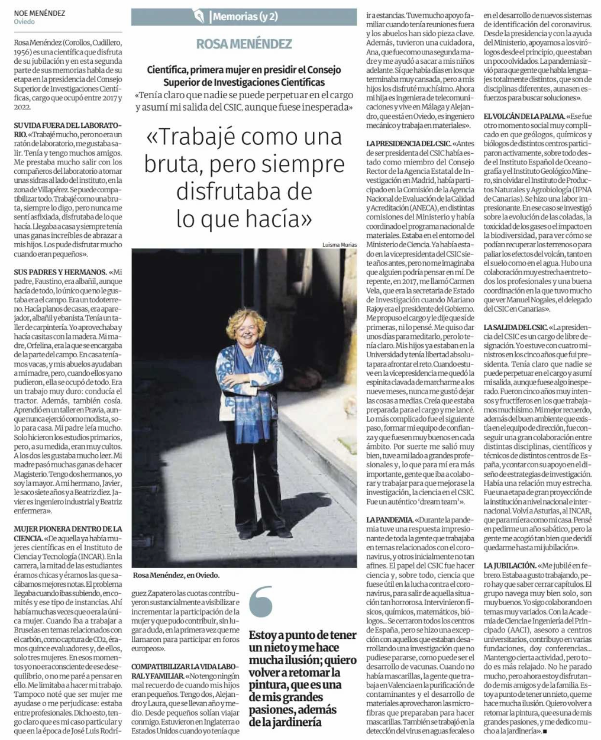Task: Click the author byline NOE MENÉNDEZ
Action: click(x=40, y=12)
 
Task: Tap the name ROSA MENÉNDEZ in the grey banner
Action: click(x=244, y=43)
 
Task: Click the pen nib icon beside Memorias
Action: click(x=199, y=17)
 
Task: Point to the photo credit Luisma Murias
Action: click(x=340, y=244)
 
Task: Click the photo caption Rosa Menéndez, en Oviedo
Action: click(x=176, y=575)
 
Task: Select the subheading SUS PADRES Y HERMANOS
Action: click(x=60, y=272)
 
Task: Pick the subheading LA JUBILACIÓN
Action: click(x=510, y=565)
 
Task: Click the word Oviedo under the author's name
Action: click(x=24, y=22)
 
